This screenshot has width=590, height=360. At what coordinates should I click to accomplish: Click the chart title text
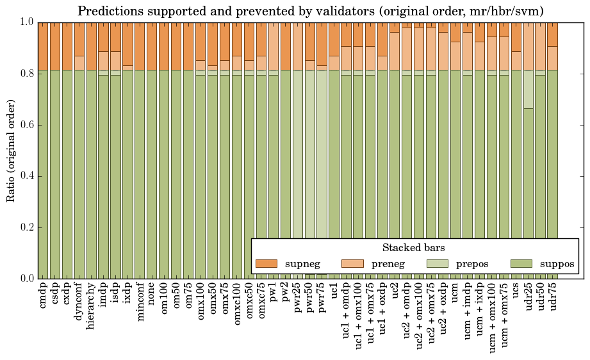(311, 11)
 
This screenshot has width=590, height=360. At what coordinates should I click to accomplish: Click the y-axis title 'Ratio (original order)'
(11, 150)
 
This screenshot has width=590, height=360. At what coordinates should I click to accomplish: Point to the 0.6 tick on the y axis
(26, 125)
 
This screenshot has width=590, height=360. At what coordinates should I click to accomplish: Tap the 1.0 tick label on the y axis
(26, 22)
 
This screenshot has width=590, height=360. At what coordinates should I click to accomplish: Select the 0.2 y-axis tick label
(26, 227)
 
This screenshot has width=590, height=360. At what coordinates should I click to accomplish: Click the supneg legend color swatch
(266, 264)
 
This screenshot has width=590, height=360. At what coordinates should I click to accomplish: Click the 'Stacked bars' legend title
(413, 248)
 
